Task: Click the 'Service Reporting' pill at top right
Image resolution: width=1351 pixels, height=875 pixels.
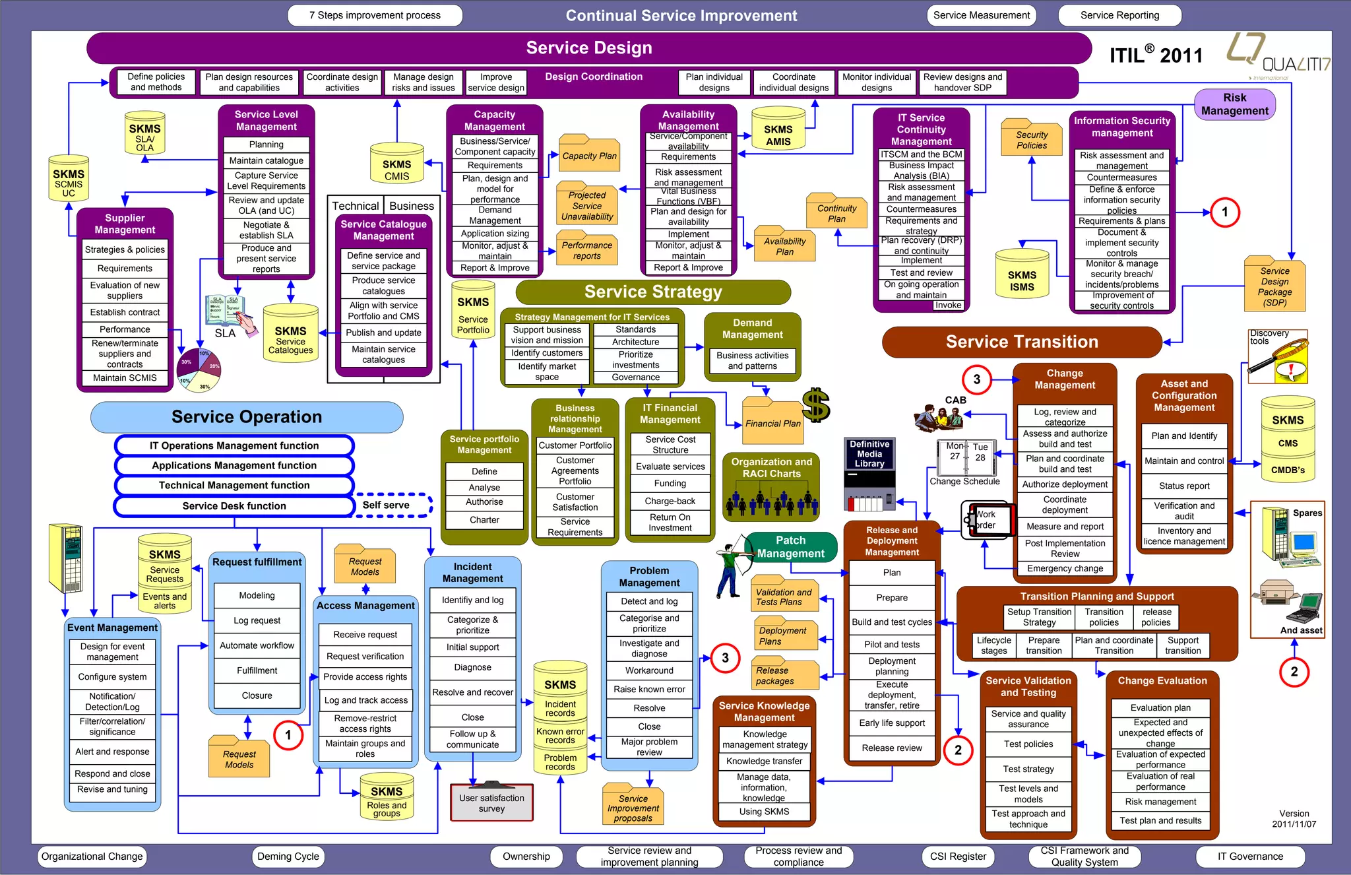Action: point(1119,15)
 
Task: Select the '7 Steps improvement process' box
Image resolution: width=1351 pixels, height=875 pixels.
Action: point(375,15)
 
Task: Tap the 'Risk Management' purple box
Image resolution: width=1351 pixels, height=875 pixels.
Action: point(1234,104)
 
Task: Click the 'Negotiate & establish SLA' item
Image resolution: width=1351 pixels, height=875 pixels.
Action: point(266,230)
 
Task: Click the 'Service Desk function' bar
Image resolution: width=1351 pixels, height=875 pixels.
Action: point(234,506)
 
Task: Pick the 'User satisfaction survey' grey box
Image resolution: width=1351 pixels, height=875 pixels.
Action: point(491,802)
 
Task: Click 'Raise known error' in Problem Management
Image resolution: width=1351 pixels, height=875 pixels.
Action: point(649,689)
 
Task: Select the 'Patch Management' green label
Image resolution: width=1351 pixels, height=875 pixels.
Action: point(790,547)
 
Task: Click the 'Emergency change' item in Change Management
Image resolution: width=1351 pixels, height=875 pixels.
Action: point(1065,568)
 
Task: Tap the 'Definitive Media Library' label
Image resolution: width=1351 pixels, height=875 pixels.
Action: point(869,454)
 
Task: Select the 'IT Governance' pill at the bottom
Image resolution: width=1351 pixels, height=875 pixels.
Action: point(1250,857)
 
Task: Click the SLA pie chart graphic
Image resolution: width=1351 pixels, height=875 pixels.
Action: point(200,370)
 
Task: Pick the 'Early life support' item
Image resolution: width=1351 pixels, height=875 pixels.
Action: point(892,723)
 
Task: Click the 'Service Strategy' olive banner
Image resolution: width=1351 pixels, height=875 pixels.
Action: point(653,292)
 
